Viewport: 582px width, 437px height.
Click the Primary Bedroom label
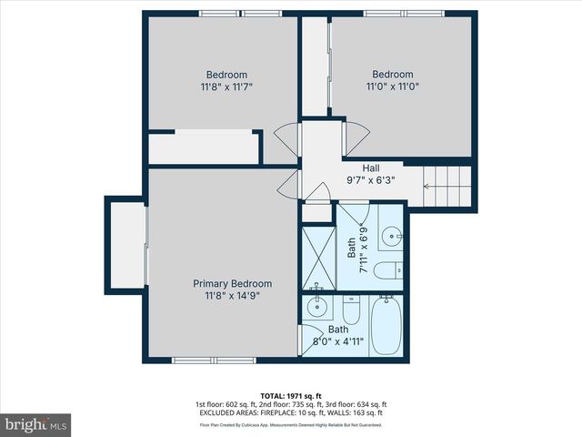coord(232,283)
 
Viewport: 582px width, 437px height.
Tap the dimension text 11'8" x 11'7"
coord(226,87)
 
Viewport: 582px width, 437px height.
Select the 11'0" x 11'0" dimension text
coord(392,87)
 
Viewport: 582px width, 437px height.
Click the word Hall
coord(371,168)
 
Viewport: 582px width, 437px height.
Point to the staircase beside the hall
coord(448,188)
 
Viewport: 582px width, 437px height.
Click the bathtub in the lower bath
coord(386,326)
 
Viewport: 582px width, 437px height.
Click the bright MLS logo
coord(36,424)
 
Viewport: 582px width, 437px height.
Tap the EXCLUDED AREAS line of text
coord(290,413)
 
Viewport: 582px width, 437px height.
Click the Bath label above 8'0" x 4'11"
coord(337,330)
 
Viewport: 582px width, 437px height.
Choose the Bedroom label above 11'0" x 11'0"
coord(392,75)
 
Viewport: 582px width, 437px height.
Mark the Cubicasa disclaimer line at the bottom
coord(290,424)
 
